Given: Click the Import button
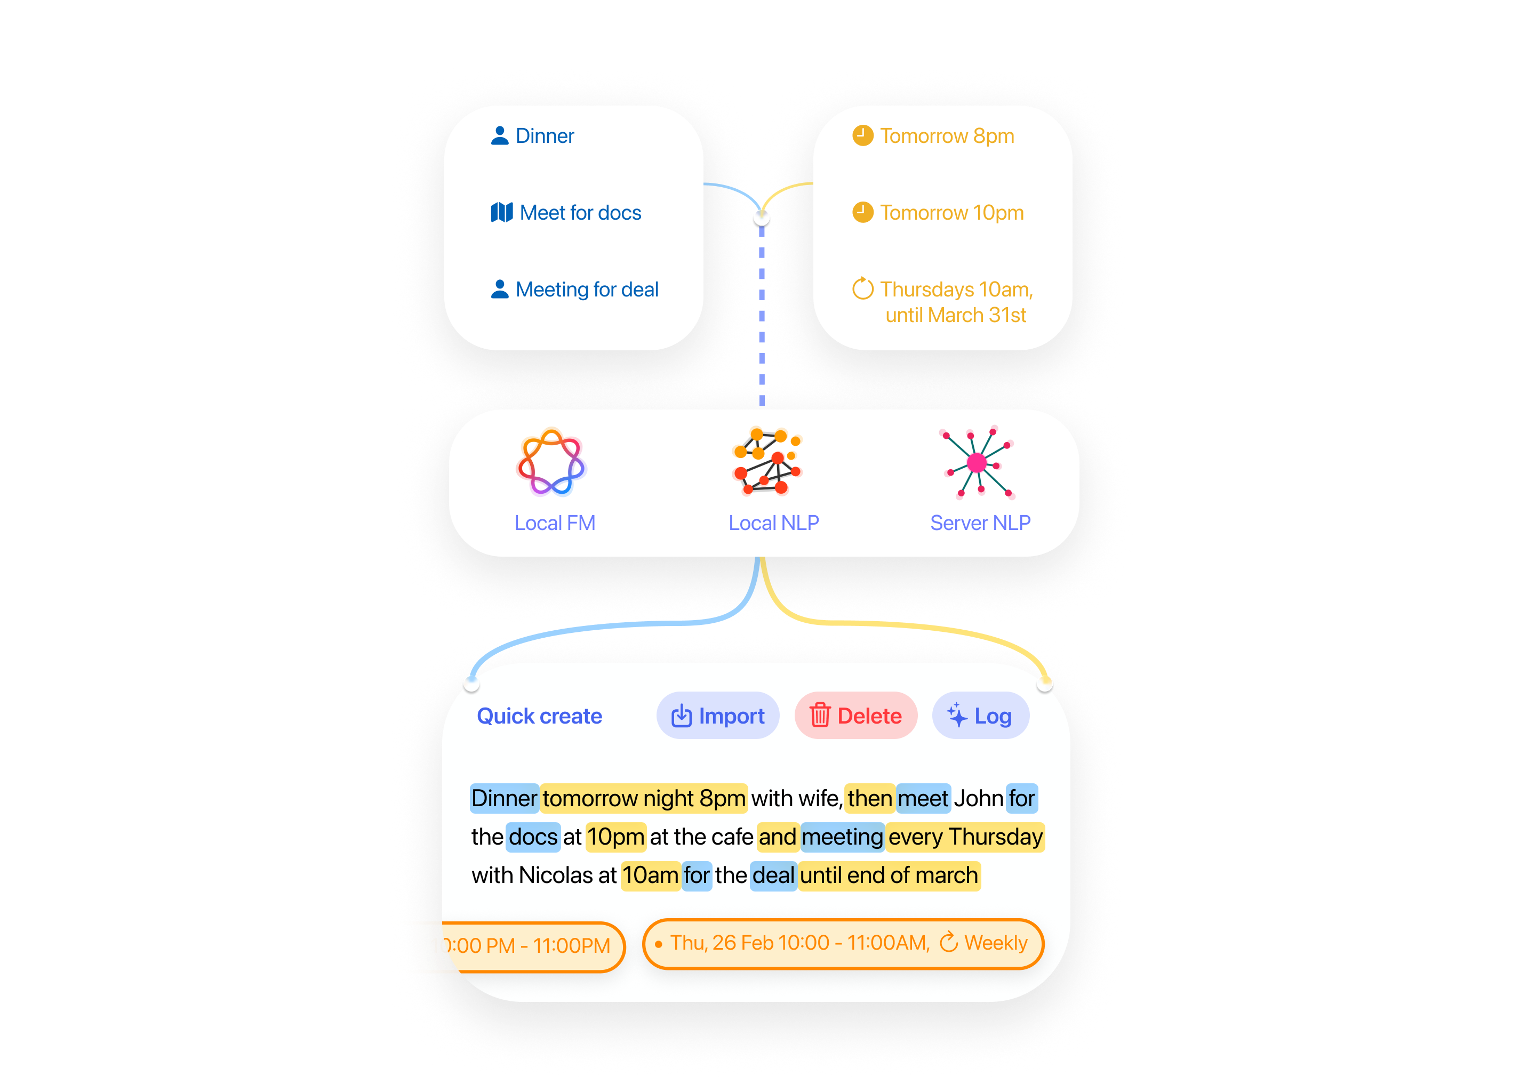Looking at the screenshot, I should (x=717, y=716).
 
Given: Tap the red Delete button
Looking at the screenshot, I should (x=855, y=716).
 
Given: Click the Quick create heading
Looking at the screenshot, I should (x=539, y=716).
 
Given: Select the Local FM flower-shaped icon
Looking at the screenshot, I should (x=551, y=463).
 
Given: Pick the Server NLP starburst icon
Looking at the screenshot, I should (x=977, y=463).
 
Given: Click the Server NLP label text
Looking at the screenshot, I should (x=980, y=523).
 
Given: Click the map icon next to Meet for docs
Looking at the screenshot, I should (x=502, y=213).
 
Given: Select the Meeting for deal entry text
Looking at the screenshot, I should (x=587, y=289).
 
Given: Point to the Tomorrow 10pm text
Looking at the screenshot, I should (x=951, y=213).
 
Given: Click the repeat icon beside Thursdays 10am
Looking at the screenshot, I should (x=862, y=288).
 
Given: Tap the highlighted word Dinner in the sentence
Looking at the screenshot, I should (x=503, y=798).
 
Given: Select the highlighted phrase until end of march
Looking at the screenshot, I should (x=889, y=876).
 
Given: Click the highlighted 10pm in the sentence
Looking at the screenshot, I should (x=615, y=837).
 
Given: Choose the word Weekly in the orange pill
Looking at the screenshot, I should (x=995, y=943).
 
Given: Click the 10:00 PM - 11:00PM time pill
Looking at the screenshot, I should (x=520, y=946).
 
